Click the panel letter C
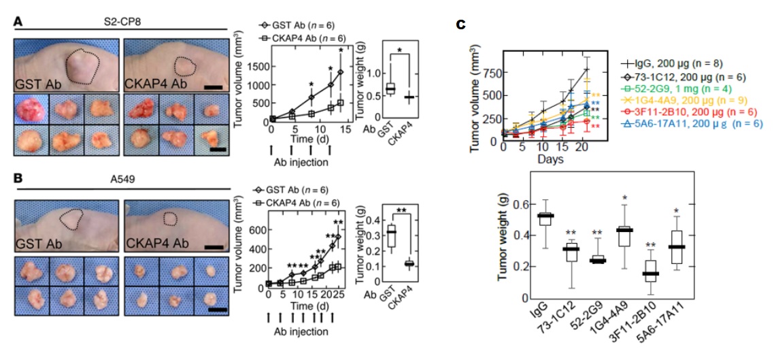click(460, 25)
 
